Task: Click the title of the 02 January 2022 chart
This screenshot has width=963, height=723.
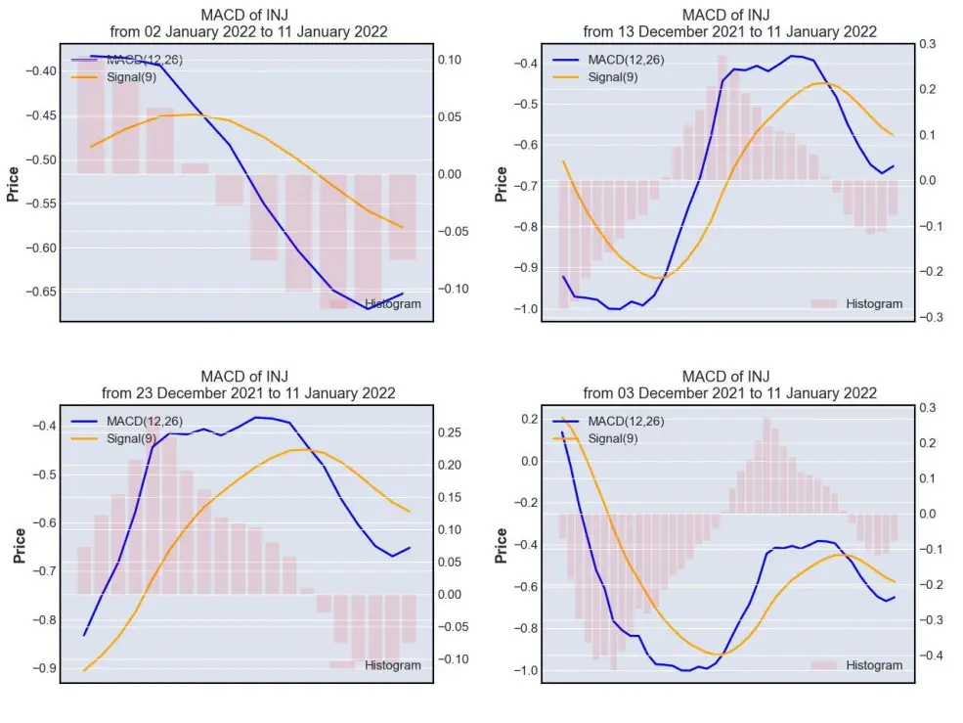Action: click(x=248, y=23)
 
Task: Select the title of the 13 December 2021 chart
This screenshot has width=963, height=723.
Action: click(x=729, y=23)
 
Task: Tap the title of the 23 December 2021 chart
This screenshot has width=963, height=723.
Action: click(x=248, y=384)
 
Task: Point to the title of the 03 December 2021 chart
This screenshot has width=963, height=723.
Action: click(x=729, y=384)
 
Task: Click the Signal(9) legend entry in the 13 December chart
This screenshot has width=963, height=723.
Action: click(x=613, y=77)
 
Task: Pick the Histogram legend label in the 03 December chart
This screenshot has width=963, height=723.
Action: click(x=874, y=665)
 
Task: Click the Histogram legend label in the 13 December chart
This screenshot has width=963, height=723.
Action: click(x=874, y=303)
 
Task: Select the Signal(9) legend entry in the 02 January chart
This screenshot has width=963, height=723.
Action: click(x=131, y=77)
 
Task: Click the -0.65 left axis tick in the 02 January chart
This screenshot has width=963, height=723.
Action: click(x=41, y=292)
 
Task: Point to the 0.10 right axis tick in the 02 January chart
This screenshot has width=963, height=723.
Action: click(x=450, y=60)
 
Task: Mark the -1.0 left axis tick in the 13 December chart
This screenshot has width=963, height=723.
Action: click(x=526, y=308)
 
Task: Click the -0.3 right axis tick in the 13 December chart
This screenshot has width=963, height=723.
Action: click(x=931, y=317)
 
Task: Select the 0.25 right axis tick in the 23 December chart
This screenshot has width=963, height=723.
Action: click(x=450, y=432)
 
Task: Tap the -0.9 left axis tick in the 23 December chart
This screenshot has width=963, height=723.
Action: click(x=44, y=668)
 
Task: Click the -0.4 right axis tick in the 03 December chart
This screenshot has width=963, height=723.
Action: click(x=931, y=655)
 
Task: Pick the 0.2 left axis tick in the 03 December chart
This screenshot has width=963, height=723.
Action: click(x=530, y=420)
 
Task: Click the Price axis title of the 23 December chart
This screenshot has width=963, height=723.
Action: click(x=20, y=546)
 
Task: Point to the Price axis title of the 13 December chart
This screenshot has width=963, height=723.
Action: click(x=502, y=185)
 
